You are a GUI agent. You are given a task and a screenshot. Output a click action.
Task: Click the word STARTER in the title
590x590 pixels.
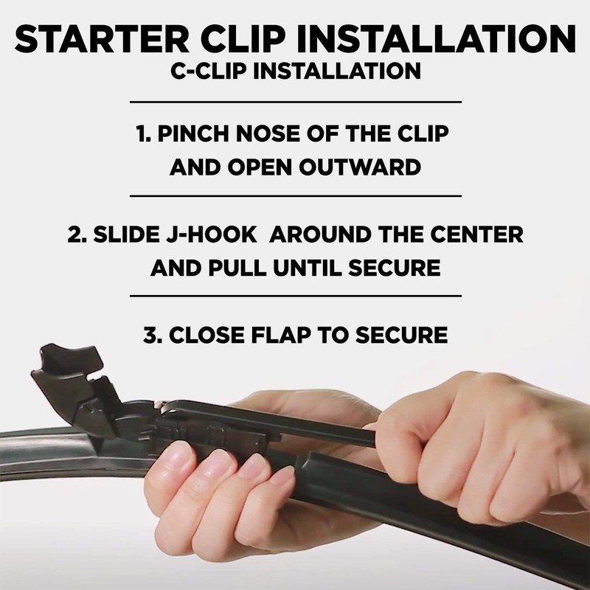click(102, 39)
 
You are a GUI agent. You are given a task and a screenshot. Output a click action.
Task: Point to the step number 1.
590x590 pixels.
click(143, 133)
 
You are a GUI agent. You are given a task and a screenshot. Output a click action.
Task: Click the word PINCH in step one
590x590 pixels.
click(193, 133)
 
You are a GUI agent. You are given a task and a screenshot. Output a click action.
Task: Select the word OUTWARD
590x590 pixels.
click(360, 167)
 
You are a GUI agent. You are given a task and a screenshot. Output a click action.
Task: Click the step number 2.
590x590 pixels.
click(77, 234)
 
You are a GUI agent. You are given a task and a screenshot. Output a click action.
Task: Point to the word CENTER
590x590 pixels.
click(476, 234)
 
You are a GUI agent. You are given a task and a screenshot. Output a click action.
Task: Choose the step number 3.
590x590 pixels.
click(152, 335)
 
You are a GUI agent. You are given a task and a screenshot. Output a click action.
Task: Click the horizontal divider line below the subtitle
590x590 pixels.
click(296, 102)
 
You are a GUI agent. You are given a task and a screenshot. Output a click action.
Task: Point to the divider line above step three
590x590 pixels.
click(296, 296)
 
